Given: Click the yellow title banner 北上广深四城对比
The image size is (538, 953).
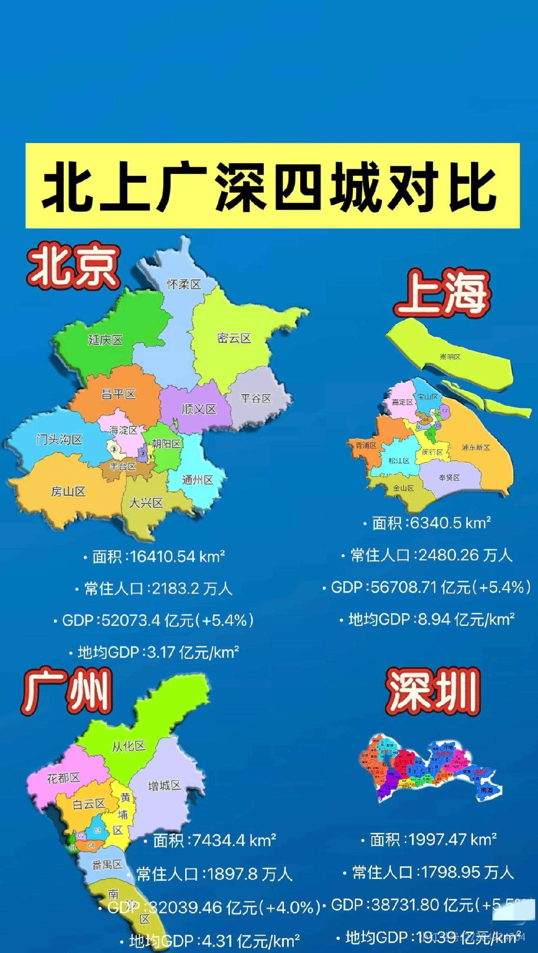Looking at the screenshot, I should click(272, 186).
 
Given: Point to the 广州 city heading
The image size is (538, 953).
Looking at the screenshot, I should click(67, 692).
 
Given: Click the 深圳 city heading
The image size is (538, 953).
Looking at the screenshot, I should click(432, 692).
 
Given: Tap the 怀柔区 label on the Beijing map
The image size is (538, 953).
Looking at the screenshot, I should click(184, 284).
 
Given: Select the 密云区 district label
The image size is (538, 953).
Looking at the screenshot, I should click(234, 338).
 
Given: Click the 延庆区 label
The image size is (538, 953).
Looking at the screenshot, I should click(105, 340).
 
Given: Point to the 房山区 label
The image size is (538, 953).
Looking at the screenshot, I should click(68, 491).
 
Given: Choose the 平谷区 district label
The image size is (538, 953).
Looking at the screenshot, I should click(256, 398).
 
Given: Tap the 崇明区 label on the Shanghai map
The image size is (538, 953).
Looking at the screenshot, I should click(450, 356).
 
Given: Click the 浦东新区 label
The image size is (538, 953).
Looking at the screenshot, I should click(476, 447).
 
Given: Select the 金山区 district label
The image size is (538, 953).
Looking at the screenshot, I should click(403, 488).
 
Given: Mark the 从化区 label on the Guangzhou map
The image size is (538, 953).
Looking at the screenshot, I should click(128, 746).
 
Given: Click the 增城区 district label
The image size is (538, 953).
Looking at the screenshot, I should click(164, 785).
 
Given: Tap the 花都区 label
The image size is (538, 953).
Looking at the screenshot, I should click(63, 777).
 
